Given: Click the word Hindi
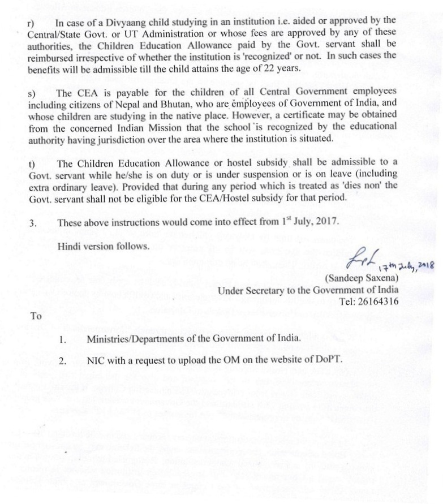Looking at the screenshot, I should (70, 246).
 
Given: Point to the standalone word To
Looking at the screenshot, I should (36, 316).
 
